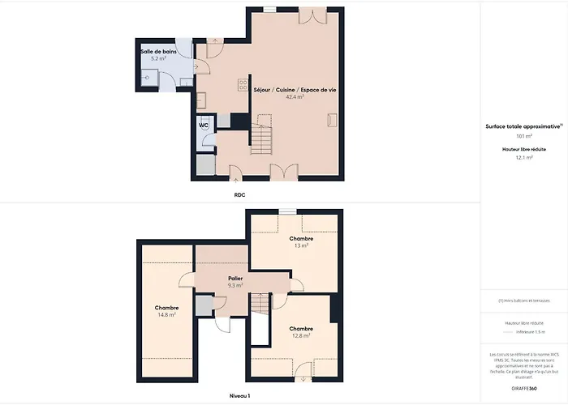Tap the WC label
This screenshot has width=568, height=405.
(204, 126)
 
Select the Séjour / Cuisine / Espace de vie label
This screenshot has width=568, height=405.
(290, 89)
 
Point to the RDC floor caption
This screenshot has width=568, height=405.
(240, 195)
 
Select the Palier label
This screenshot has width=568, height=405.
(235, 278)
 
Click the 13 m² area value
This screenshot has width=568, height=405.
(301, 246)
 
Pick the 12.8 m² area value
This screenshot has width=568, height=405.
(301, 335)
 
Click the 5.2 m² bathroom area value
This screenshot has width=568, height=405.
(158, 58)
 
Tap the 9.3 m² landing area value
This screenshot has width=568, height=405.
(235, 286)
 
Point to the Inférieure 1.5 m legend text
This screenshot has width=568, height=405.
(528, 331)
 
